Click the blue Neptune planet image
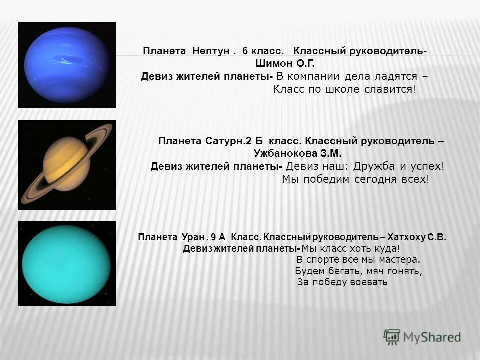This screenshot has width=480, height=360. click(67, 65)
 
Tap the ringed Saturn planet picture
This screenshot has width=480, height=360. click(67, 165)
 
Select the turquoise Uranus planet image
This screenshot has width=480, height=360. click(67, 263)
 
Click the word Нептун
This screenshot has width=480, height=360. click(210, 51)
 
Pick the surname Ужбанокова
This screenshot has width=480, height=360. click(285, 154)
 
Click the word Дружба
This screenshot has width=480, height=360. click(376, 167)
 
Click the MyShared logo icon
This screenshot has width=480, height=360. click(392, 337)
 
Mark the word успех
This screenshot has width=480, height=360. click(427, 167)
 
